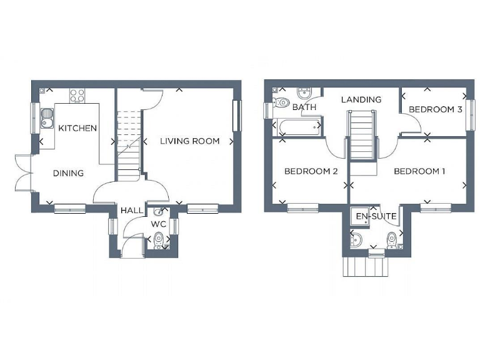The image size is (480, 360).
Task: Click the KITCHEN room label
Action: tap(77, 128)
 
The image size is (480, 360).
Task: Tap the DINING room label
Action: tap(68, 173)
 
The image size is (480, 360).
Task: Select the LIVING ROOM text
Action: tap(189, 141)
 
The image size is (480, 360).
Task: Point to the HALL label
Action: tap(131, 211)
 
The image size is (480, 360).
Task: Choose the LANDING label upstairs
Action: tap(361, 99)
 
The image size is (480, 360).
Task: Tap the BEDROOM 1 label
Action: tap(419, 171)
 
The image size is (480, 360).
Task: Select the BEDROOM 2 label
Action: tap(311, 171)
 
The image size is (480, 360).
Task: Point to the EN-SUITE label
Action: tap(376, 216)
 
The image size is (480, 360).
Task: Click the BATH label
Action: tap(304, 107)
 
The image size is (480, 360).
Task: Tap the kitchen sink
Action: tap(47, 117)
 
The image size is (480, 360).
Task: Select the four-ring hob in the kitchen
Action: tap(77, 96)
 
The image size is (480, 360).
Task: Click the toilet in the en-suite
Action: tap(391, 239)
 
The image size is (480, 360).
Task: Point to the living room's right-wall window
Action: tap(236, 116)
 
